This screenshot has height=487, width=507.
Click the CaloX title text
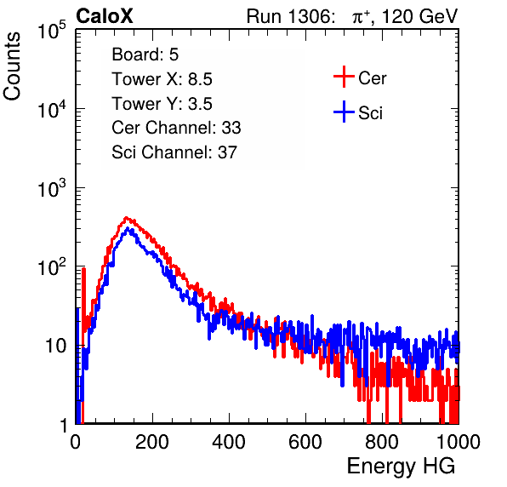(104, 16)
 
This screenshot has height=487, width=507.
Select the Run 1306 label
(290, 16)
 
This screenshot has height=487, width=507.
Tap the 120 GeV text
(419, 16)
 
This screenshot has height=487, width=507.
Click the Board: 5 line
(145, 54)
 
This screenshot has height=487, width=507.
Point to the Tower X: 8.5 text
(162, 79)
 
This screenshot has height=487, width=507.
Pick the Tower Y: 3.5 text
(162, 104)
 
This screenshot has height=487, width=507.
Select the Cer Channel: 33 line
(176, 128)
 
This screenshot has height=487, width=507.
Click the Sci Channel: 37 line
(174, 152)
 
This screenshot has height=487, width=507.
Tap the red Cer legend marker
(344, 77)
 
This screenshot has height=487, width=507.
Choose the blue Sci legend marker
(344, 112)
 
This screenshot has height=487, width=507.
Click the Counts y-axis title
(12, 66)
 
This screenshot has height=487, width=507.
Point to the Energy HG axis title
(401, 466)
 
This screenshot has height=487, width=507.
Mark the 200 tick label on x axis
(152, 442)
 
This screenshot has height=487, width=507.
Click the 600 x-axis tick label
(305, 442)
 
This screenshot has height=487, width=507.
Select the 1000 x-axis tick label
(459, 442)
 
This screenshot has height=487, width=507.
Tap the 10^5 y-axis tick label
(52, 31)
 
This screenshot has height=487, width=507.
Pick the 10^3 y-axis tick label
(52, 189)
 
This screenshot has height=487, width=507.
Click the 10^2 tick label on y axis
(52, 267)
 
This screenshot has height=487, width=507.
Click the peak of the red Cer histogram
(127, 218)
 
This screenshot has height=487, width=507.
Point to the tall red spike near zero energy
(83, 298)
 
